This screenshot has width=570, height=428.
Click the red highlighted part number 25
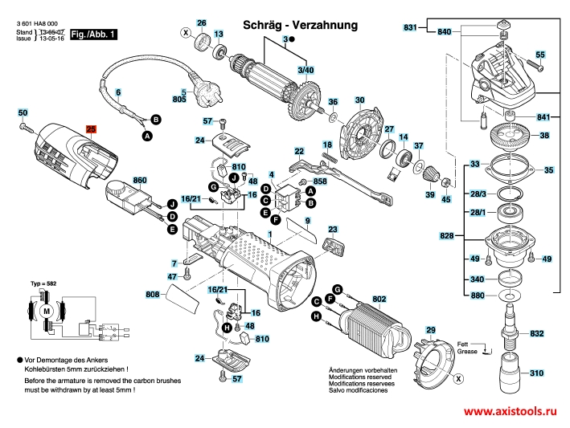pyautogui.click(x=91, y=128)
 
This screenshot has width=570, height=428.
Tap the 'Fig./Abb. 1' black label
pyautogui.click(x=94, y=35)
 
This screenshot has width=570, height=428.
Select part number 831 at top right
pyautogui.click(x=410, y=28)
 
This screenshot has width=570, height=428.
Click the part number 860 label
pyautogui.click(x=140, y=180)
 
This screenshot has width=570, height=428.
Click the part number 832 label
pyautogui.click(x=537, y=333)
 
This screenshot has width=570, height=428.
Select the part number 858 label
pyautogui.click(x=320, y=182)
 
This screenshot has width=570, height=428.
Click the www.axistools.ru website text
pyautogui.click(x=509, y=411)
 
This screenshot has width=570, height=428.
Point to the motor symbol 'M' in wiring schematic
pyautogui.click(x=47, y=311)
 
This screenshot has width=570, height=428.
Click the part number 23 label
pyautogui.click(x=332, y=229)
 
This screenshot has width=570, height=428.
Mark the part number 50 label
pyautogui.click(x=23, y=112)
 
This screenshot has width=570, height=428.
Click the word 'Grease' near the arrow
pyautogui.click(x=468, y=352)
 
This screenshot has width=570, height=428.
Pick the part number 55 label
pyautogui.click(x=539, y=54)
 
